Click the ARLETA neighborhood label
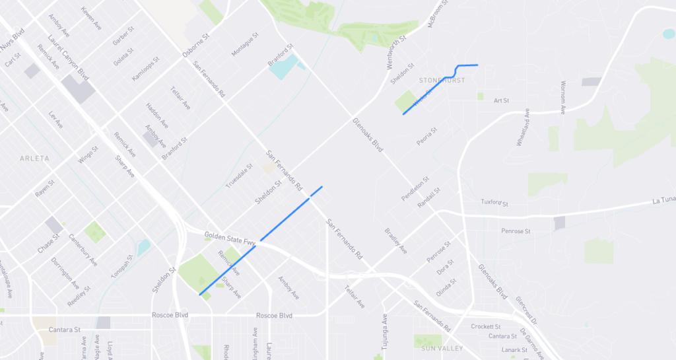click(x=35, y=159)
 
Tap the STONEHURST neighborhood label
click(x=442, y=81)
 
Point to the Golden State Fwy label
click(x=230, y=239)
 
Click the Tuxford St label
click(x=494, y=202)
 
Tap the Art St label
click(x=502, y=100)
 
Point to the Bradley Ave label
click(x=396, y=241)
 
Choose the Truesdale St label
click(x=239, y=176)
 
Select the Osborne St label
click(x=196, y=46)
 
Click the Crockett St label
click(x=485, y=326)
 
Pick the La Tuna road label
click(x=663, y=199)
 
